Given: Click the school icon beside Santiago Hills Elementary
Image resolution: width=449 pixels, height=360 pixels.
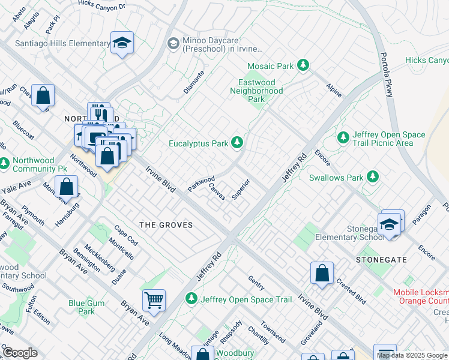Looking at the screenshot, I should [x=122, y=43].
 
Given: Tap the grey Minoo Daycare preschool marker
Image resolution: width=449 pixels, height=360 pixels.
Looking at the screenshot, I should [x=173, y=43].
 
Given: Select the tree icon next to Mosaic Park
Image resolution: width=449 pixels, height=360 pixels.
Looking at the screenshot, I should [x=304, y=64].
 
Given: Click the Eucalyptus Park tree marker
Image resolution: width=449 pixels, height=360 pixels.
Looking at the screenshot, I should [x=238, y=143].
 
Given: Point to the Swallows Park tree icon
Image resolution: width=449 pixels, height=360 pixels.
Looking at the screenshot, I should [x=373, y=177].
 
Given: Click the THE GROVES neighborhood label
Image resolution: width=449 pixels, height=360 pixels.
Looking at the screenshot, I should [x=166, y=225].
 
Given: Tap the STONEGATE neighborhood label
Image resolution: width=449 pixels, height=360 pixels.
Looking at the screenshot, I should [x=381, y=260].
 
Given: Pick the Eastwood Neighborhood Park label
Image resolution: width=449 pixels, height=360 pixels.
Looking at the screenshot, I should [x=256, y=91].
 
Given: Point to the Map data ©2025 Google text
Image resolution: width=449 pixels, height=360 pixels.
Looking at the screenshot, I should [x=412, y=355].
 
